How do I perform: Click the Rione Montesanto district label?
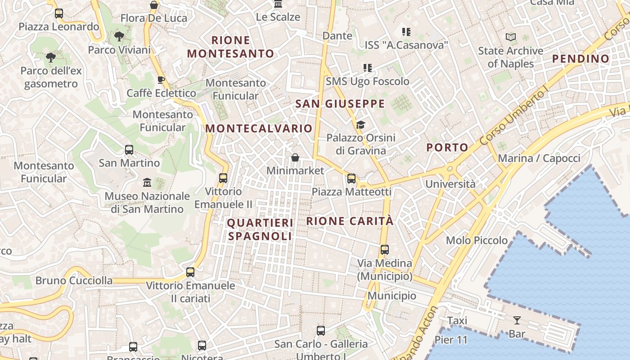pos(230,47)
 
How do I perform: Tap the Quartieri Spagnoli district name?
pos(260,229)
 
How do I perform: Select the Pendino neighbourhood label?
pos(580,58)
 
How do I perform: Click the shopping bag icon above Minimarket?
pos(295,157)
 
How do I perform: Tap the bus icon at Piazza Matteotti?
pos(351,179)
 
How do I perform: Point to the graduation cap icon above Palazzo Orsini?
pos(360,125)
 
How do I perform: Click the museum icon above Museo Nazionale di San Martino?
pos(147,183)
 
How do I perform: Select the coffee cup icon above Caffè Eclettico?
pos(161,80)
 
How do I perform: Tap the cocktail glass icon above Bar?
pos(517,320)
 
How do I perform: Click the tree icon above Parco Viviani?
pos(119,36)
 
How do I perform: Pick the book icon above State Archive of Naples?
pos(510,37)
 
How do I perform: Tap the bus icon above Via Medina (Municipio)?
pos(384,250)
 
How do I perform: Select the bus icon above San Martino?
pos(129,150)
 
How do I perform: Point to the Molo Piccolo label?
pos(477,240)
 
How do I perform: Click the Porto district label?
pos(447,147)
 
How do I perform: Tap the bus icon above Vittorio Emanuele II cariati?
pos(190,272)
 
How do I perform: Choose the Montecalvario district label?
pos(259,128)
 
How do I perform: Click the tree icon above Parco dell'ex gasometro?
pos(51,58)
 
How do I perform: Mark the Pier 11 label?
pos(451,340)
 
